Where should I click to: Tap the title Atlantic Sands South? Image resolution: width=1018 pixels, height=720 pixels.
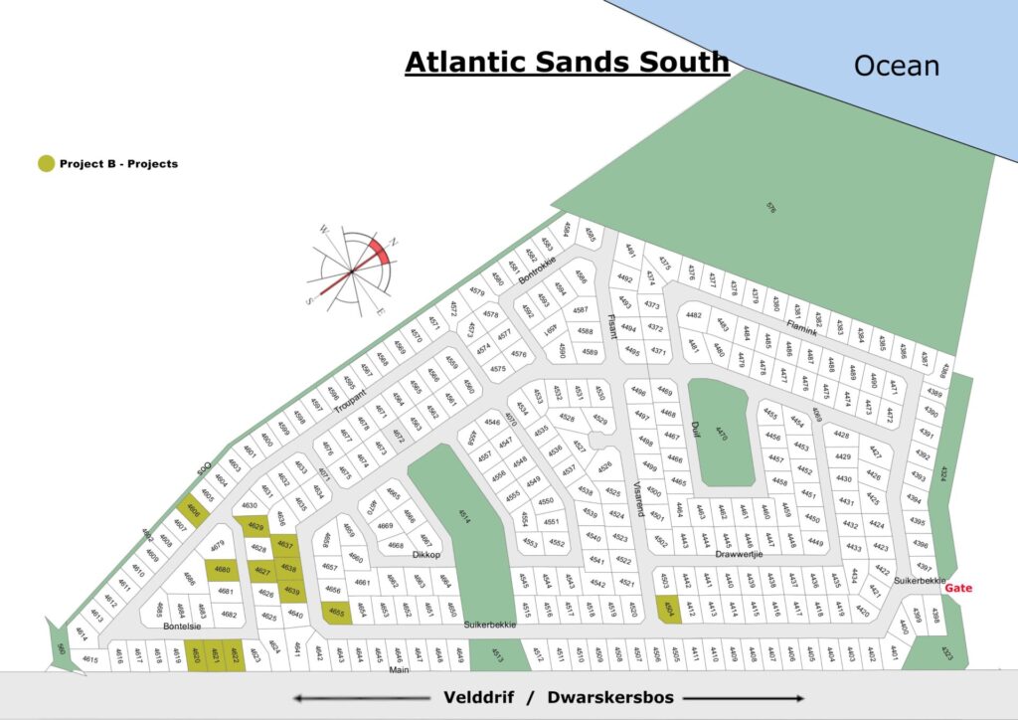(567, 62)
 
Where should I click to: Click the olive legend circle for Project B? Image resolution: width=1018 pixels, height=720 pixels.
(46, 163)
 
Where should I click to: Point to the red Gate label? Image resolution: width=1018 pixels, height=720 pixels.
(958, 588)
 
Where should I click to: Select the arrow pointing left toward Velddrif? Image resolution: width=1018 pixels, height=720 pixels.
(358, 698)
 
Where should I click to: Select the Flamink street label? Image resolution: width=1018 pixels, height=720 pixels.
(801, 325)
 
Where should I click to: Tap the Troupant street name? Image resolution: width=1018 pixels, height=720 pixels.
(351, 402)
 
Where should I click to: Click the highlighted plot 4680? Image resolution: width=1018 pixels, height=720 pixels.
(222, 570)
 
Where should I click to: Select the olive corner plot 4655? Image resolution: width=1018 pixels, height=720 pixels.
(337, 612)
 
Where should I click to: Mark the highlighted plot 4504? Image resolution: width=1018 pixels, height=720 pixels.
(670, 612)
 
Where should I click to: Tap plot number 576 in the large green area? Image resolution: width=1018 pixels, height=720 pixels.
(770, 208)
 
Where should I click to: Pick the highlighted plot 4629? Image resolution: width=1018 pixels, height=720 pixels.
(254, 526)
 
